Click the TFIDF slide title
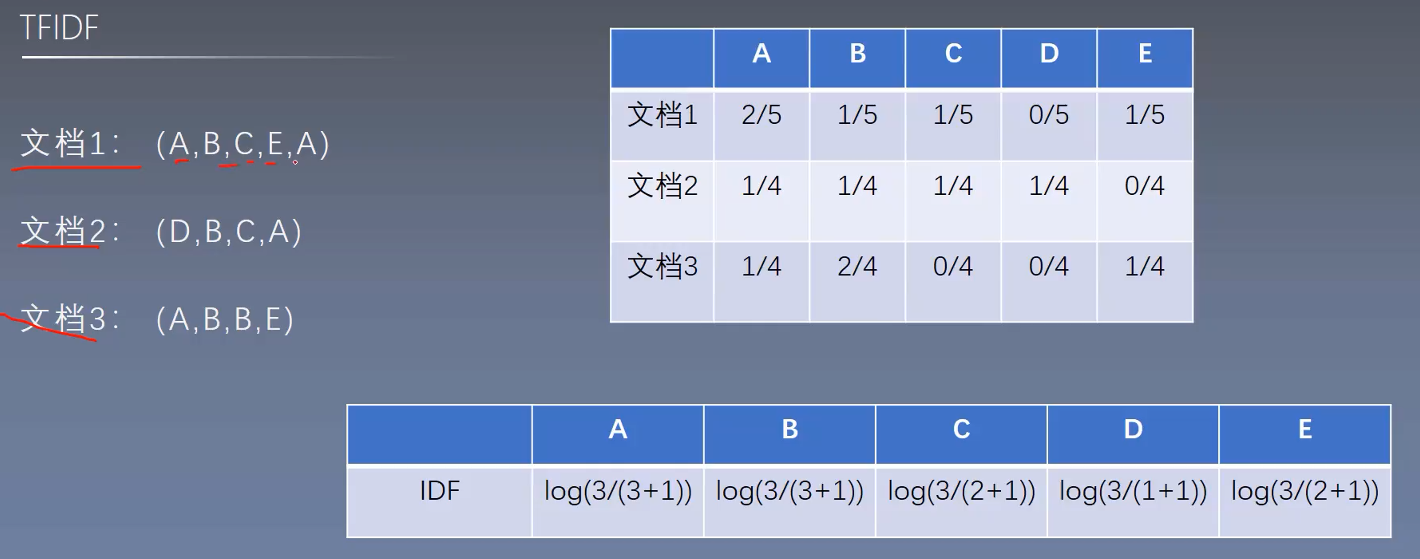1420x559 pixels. pos(59,28)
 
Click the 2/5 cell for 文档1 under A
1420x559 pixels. pos(761,115)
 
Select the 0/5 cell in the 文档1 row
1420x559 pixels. pos(1048,115)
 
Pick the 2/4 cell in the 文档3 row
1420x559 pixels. pos(857,267)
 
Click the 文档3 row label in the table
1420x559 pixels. pos(662,267)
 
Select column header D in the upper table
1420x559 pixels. pos(1048,54)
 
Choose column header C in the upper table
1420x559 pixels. pos(953,54)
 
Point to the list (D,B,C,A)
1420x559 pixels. pos(229,232)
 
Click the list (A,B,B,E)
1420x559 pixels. pos(224,320)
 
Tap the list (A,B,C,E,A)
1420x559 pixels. pos(243,144)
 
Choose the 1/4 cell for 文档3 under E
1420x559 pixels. pos(1145,267)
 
